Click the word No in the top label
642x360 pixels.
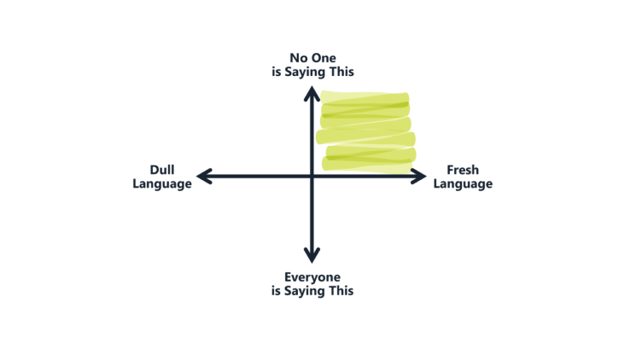pos(298,58)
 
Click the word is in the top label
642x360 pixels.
pos(277,72)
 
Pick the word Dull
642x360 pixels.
pos(162,170)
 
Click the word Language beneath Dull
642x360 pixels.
pos(162,184)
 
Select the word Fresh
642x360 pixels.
pos(463,170)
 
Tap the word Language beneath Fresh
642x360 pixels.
pos(463,184)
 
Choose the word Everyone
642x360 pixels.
pos(312,278)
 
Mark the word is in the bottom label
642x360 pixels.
pos(277,291)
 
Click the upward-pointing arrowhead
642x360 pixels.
pos(312,93)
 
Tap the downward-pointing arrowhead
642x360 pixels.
pos(312,255)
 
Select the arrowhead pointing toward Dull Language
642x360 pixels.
pos(204,177)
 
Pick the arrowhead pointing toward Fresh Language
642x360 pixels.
pos(419,177)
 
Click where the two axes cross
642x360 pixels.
pos(312,177)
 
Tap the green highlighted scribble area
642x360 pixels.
pos(366,131)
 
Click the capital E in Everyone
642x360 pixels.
pos(289,277)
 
